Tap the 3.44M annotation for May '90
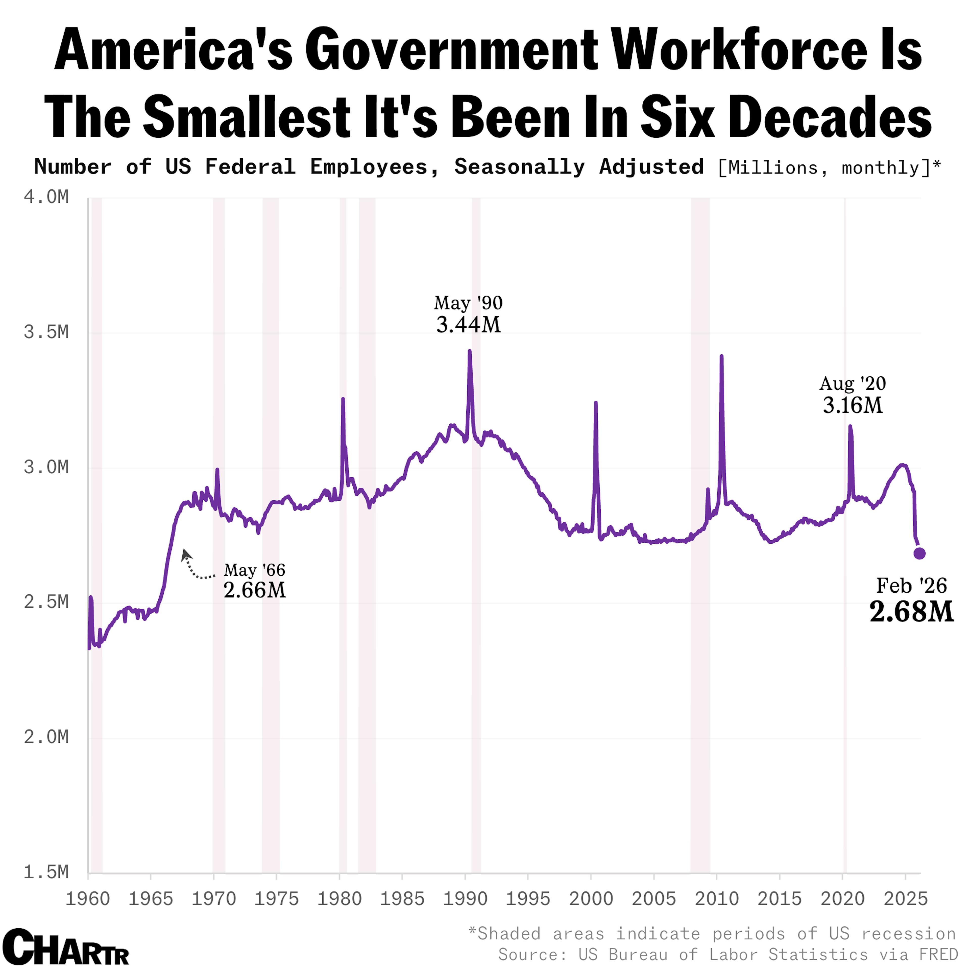[x=468, y=325]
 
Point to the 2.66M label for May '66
[x=255, y=590]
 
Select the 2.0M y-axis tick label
[x=46, y=737]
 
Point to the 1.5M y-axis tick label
[x=46, y=872]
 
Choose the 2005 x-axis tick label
[x=654, y=899]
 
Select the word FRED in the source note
[x=938, y=954]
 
